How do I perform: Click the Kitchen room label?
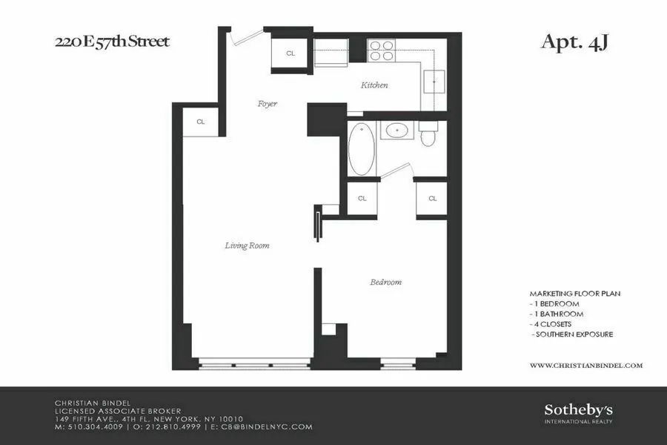(374, 85)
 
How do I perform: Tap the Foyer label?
(267, 104)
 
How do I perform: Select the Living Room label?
(247, 245)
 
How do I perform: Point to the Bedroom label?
(385, 282)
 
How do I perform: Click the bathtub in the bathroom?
(362, 149)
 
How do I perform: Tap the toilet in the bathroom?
(428, 134)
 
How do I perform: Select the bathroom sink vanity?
(398, 131)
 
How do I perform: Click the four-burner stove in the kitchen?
(381, 50)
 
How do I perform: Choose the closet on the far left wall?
(201, 122)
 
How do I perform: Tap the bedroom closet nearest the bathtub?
(362, 198)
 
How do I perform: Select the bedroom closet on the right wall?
(432, 198)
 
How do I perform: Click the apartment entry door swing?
(245, 37)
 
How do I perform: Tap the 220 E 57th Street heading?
(112, 41)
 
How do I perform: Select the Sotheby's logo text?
(579, 410)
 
